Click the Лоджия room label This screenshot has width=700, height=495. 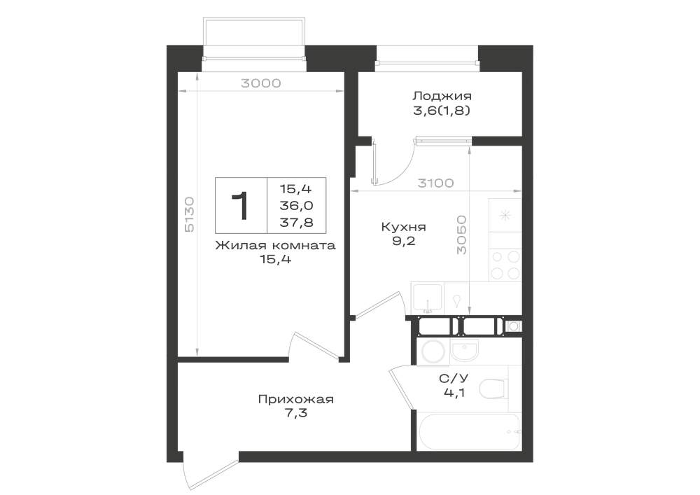(442, 96)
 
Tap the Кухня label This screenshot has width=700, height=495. (403, 227)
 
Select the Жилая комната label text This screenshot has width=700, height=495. (275, 246)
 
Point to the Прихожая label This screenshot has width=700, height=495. (295, 399)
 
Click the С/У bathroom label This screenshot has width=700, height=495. (454, 379)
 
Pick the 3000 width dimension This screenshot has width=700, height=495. (260, 83)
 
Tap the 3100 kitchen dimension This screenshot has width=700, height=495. (435, 183)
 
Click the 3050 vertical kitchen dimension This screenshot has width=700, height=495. (461, 235)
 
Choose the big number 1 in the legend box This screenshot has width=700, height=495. (241, 206)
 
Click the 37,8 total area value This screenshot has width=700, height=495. (296, 222)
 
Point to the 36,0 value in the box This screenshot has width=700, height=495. (296, 205)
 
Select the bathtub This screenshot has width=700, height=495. (469, 431)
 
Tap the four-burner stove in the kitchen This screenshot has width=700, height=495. (505, 265)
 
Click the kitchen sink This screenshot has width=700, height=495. (427, 297)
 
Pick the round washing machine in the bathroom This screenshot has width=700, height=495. (433, 350)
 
